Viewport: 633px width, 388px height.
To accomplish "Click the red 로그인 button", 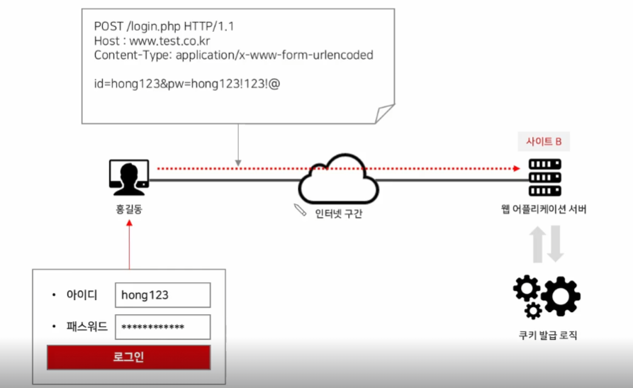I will click(128, 357).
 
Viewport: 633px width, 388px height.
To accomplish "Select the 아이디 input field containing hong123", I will click(162, 294).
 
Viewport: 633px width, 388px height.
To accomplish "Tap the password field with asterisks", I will click(162, 326).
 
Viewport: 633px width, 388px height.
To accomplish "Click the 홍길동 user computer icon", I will click(129, 177).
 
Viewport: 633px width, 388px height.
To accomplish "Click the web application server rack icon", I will click(544, 177).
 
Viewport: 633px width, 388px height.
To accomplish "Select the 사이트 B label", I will click(544, 142).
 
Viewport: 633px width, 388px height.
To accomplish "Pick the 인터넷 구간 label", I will click(338, 214).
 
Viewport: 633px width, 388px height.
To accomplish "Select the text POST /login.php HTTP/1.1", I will click(164, 27).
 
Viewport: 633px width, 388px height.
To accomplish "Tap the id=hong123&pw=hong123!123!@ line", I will click(187, 84).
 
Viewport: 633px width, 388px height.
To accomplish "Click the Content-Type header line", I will click(233, 55).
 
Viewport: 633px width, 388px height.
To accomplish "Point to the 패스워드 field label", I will click(88, 326).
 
